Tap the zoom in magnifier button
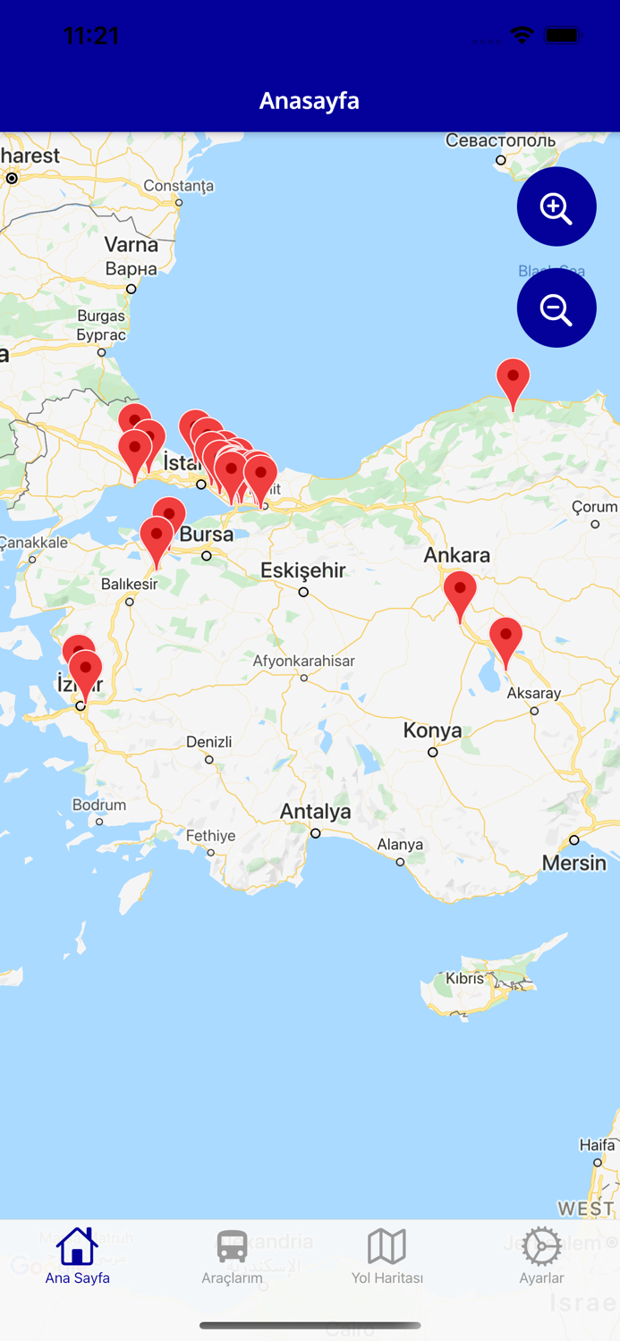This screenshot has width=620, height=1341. click(x=556, y=207)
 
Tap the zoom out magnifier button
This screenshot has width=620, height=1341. click(x=556, y=308)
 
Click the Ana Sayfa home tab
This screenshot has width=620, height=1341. click(x=78, y=1256)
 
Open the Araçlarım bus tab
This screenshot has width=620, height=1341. click(x=233, y=1256)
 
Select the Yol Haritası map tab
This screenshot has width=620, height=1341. click(x=387, y=1256)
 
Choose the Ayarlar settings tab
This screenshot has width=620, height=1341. click(x=542, y=1256)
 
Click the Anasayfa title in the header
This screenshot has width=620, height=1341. click(x=310, y=101)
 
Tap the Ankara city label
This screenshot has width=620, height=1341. click(x=457, y=555)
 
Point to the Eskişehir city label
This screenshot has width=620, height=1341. click(x=303, y=570)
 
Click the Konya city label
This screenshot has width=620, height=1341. click(x=432, y=730)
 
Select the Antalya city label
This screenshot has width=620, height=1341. click(x=316, y=812)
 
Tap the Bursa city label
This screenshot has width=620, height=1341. click(x=207, y=535)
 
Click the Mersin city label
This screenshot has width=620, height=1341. click(x=574, y=863)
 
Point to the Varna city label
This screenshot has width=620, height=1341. click(x=131, y=245)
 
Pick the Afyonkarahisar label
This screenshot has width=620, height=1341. click(x=304, y=662)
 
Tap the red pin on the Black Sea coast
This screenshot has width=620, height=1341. click(x=514, y=380)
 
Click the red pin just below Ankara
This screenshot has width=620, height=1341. click(x=460, y=593)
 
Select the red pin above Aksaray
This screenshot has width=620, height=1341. click(x=505, y=637)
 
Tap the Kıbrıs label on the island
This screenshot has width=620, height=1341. click(x=465, y=978)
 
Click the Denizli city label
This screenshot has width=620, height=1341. click(x=209, y=742)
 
